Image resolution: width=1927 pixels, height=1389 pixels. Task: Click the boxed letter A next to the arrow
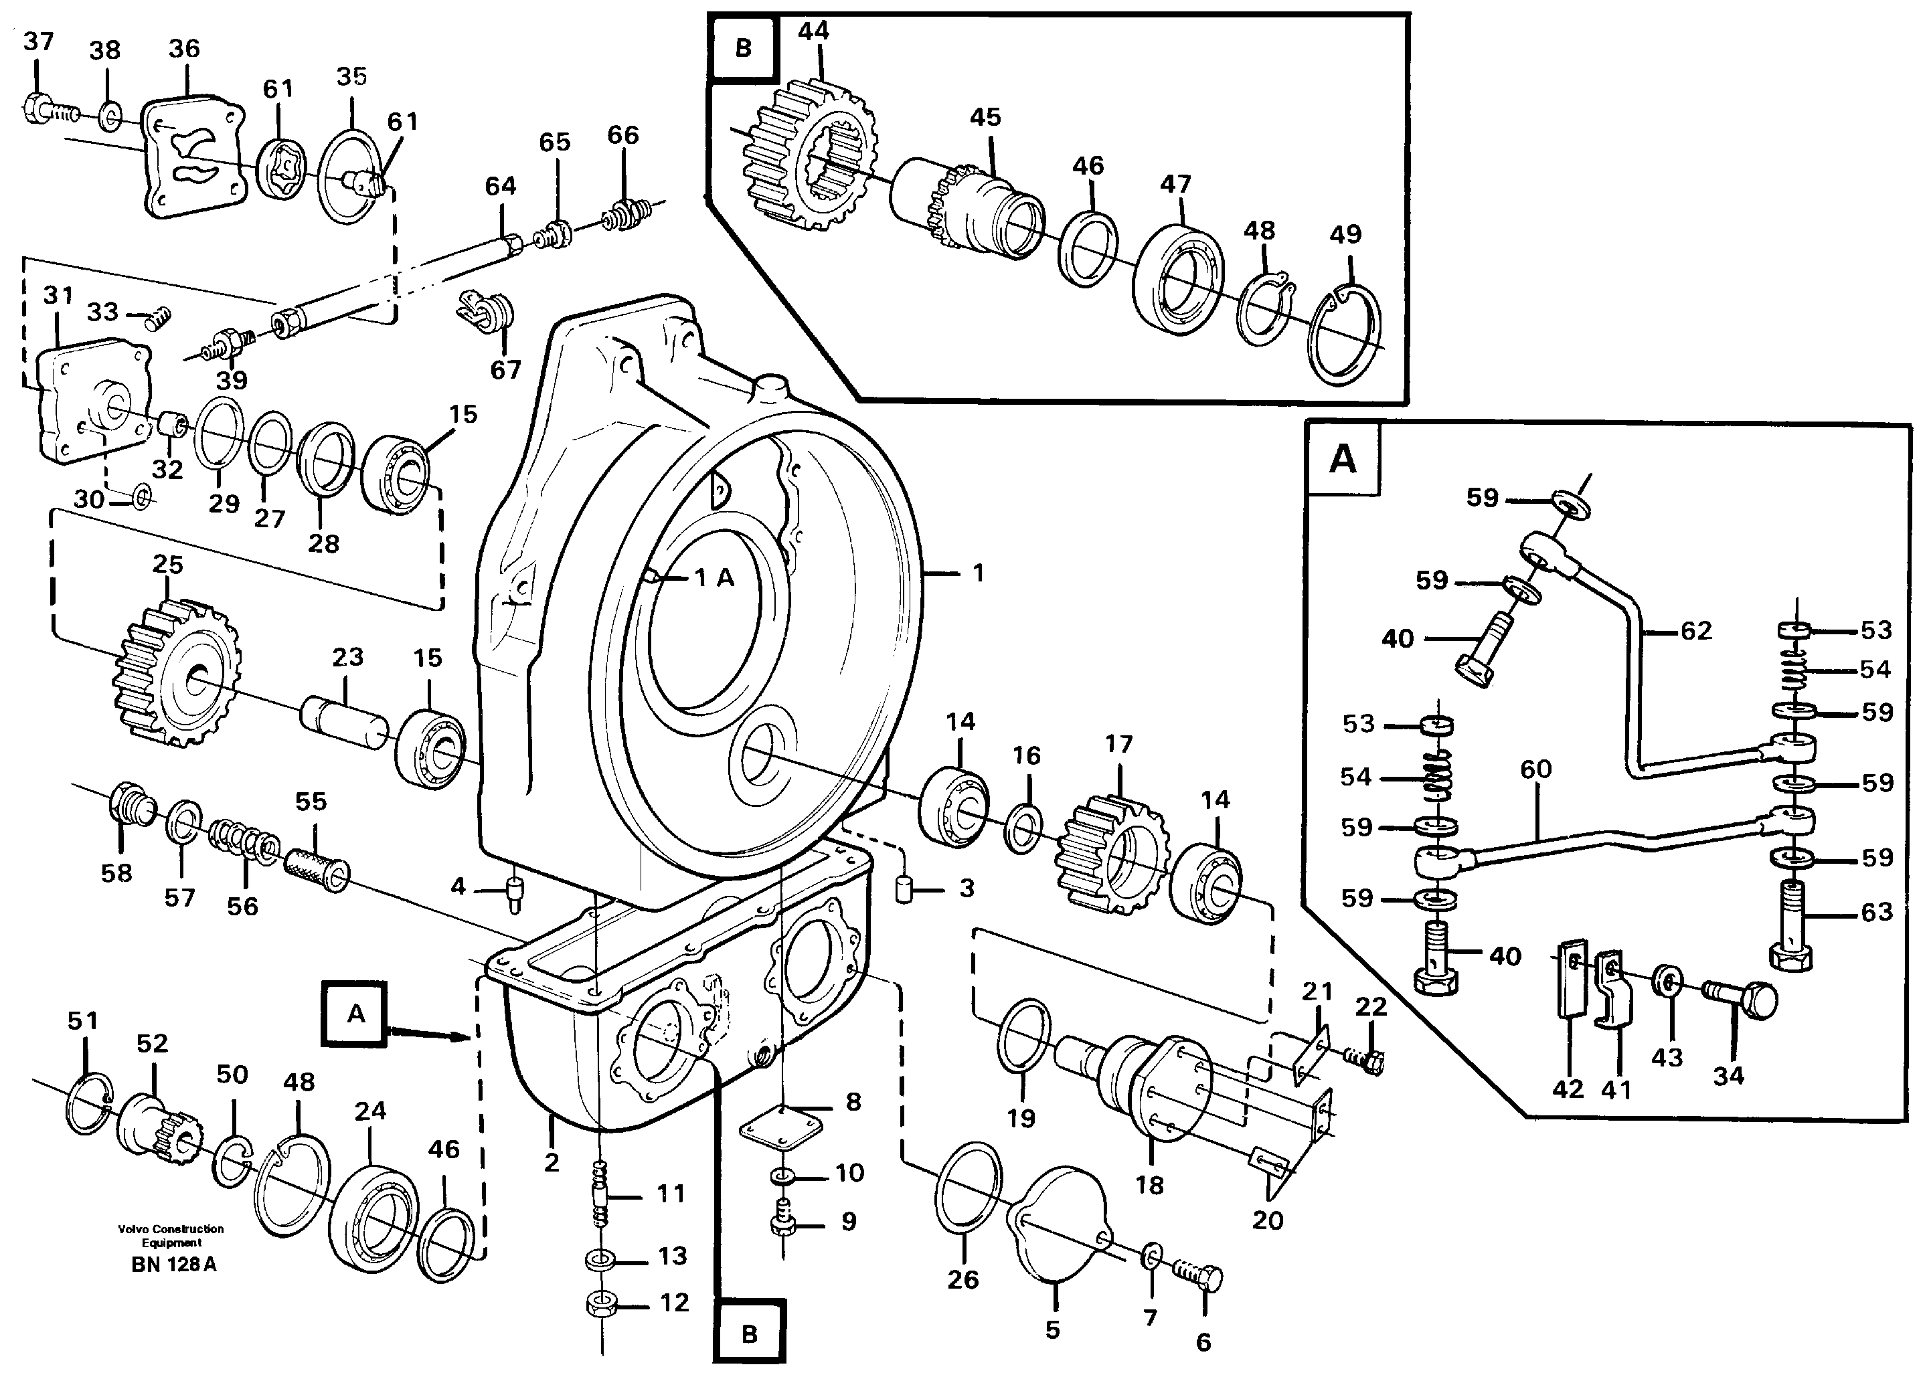(356, 1014)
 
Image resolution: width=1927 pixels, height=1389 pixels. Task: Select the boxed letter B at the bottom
(748, 1333)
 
